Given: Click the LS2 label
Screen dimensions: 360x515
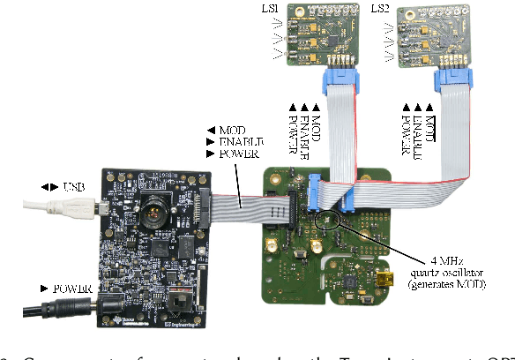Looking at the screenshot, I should (x=380, y=9).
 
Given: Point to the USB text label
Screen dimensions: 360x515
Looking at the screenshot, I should (x=73, y=187).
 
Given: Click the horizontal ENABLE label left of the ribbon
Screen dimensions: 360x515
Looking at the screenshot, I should (x=228, y=141).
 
